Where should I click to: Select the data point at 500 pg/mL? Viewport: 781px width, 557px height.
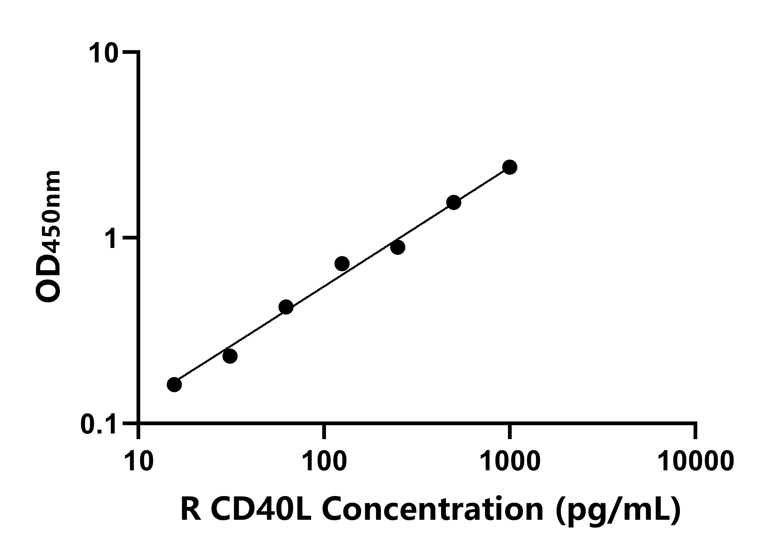[x=453, y=202]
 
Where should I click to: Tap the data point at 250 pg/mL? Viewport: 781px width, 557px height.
[x=397, y=247]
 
